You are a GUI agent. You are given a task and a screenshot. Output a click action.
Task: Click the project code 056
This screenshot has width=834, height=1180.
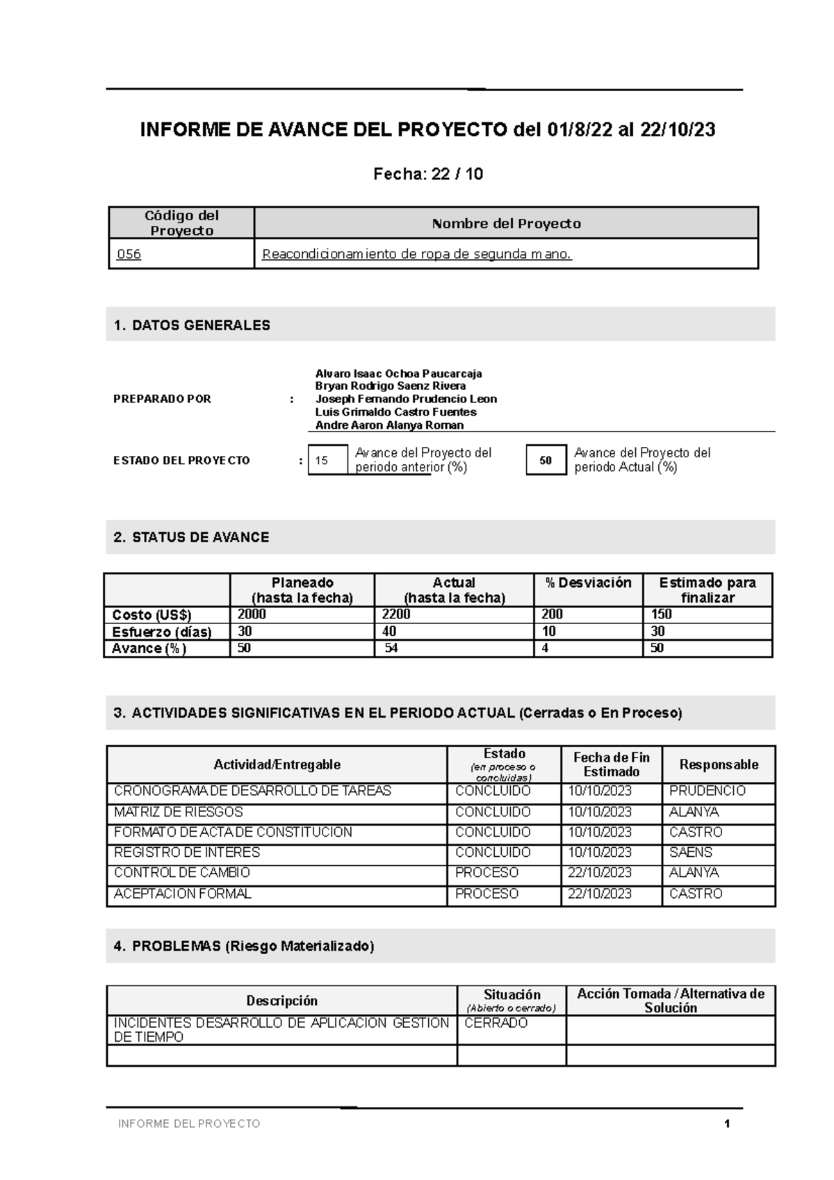click(x=129, y=254)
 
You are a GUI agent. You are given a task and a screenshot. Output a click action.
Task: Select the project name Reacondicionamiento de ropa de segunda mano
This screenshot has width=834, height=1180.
click(x=416, y=254)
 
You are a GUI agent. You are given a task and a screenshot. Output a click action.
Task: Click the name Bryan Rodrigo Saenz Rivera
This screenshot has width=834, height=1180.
click(x=390, y=386)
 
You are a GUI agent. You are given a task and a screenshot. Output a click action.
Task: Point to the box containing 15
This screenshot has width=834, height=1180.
click(x=327, y=460)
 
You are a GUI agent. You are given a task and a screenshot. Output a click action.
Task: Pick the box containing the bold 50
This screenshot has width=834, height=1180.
click(x=546, y=460)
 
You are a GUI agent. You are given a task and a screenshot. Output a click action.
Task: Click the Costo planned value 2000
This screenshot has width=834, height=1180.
click(x=252, y=614)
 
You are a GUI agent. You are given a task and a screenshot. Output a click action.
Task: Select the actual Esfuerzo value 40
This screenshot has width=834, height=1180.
click(x=389, y=631)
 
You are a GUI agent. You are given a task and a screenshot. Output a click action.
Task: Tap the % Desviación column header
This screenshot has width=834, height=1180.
click(x=588, y=583)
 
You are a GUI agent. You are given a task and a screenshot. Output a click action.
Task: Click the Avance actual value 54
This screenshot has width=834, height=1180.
click(x=391, y=648)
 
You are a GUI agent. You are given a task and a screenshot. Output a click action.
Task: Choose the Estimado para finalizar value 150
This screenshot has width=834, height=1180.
click(x=661, y=614)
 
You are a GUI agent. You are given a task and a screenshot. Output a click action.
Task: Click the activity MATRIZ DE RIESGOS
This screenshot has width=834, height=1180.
click(x=179, y=812)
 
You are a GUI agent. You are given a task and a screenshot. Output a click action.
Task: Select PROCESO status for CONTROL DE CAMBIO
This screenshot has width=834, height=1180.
click(x=486, y=873)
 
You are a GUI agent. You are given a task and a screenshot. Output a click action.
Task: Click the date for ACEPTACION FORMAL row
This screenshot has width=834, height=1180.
click(x=600, y=894)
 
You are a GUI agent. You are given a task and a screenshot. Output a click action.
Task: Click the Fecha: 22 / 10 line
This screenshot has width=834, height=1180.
click(x=428, y=174)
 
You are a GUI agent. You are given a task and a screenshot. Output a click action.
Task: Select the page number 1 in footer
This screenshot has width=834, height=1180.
click(x=727, y=1124)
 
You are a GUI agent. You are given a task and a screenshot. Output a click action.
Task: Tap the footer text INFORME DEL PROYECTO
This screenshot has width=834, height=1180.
click(x=189, y=1124)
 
